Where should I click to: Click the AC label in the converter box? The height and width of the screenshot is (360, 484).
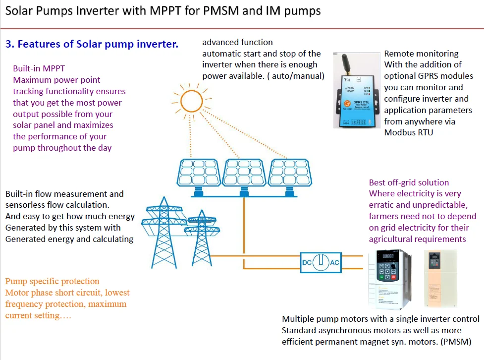tap(334, 262)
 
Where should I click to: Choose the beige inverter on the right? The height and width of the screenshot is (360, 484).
tap(440, 278)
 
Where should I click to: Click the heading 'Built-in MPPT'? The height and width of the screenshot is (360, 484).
tap(39, 68)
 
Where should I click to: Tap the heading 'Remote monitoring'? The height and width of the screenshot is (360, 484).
tap(421, 54)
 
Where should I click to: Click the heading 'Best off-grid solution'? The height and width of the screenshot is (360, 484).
tap(409, 182)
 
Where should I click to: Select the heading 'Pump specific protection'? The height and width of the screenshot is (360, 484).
tap(52, 281)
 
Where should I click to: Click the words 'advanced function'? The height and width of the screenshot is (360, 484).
tap(237, 42)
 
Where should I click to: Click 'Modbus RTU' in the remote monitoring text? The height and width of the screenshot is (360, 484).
tap(408, 132)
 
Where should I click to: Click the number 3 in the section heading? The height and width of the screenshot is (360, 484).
tap(8, 44)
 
